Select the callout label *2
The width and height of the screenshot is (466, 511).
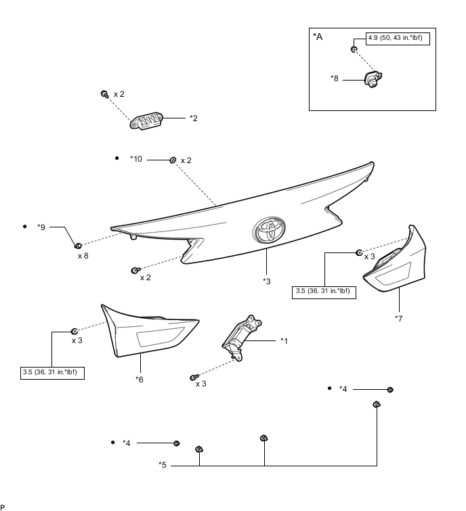[x=194, y=118]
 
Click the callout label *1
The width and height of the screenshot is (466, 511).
[x=284, y=340]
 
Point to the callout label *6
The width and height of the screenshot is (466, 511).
[x=140, y=379]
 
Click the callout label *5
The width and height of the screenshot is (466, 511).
[x=163, y=464]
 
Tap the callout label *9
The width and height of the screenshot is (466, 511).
[x=41, y=227]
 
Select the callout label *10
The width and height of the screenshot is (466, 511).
[x=136, y=160]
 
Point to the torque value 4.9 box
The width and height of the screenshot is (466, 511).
[x=394, y=38]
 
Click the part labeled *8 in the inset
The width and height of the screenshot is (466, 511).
[x=371, y=81]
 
